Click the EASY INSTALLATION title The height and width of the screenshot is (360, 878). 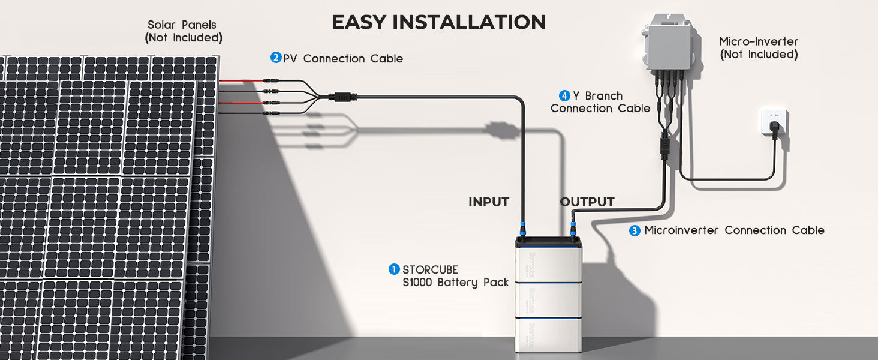[438, 22]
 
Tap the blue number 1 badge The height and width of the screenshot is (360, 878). [394, 269]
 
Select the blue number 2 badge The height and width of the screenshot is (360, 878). [276, 58]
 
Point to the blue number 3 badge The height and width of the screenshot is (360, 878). [635, 230]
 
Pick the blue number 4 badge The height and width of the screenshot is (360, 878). [564, 95]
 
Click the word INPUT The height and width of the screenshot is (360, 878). [489, 202]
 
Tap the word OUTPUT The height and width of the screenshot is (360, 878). [587, 202]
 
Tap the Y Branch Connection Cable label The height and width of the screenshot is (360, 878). [600, 102]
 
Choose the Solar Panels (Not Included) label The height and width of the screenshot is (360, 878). [184, 31]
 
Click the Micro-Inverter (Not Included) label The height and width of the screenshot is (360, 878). [759, 48]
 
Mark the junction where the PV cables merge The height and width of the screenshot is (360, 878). [344, 96]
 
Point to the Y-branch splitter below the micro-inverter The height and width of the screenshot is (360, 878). [664, 148]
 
